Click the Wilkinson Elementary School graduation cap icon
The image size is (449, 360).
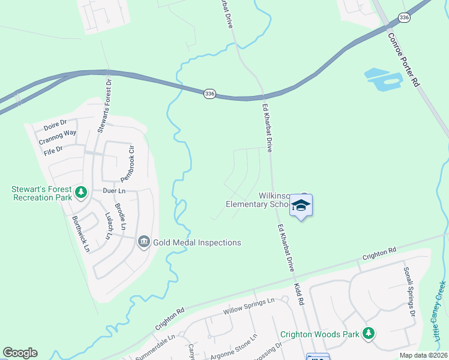point(301,206)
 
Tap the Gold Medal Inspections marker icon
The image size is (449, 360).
point(144,242)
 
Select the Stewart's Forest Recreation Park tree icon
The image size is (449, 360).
point(81,193)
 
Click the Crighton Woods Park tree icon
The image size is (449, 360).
point(369,334)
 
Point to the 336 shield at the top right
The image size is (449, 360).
point(404,18)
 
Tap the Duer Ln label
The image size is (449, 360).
point(113,190)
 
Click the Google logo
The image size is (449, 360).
point(20,353)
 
